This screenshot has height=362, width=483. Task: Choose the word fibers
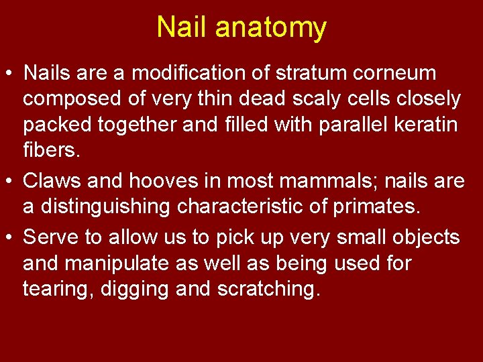pyautogui.click(x=52, y=152)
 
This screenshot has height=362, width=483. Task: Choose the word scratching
pyautogui.click(x=265, y=290)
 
